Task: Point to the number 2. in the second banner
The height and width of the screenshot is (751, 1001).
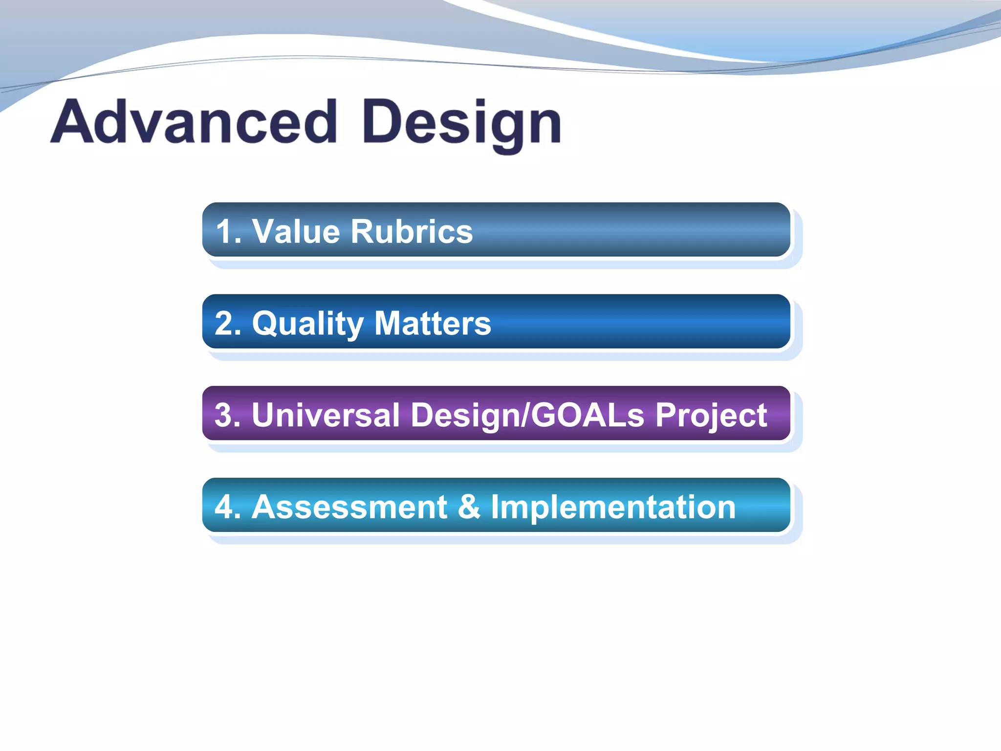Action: tap(228, 323)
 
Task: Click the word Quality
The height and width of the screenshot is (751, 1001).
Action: tap(307, 324)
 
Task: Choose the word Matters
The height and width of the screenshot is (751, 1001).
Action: tap(433, 323)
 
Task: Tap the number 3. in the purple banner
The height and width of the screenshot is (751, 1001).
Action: tap(228, 415)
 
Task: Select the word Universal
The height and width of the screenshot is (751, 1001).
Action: tap(326, 415)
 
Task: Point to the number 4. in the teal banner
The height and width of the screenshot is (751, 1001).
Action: tap(228, 507)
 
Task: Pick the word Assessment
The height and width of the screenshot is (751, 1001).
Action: tap(349, 507)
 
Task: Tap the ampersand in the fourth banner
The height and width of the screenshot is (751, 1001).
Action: tap(469, 507)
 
